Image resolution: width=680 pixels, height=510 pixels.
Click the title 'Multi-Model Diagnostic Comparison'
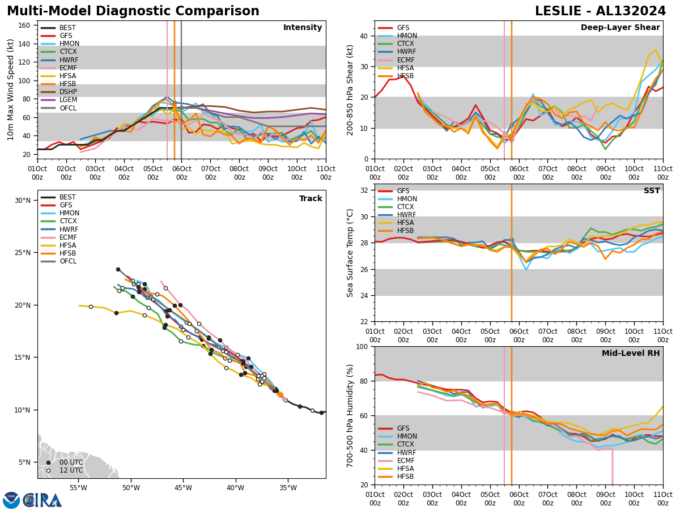pos(133,11)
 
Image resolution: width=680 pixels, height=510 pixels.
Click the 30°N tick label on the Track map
pos(23,201)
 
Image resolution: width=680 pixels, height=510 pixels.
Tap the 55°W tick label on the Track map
pos(78,488)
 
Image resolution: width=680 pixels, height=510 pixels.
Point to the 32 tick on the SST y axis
pos(364,190)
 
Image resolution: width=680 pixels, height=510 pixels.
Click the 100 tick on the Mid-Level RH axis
pos(362,346)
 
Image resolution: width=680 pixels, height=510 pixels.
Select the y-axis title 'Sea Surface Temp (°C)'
pos(350,253)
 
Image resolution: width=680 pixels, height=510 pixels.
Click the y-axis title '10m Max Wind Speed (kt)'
pos(11,90)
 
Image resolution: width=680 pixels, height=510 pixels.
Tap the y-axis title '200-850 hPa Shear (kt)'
pos(350,90)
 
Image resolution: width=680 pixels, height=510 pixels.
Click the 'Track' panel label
pos(311,199)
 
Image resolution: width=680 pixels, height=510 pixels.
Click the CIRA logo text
pos(42,500)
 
